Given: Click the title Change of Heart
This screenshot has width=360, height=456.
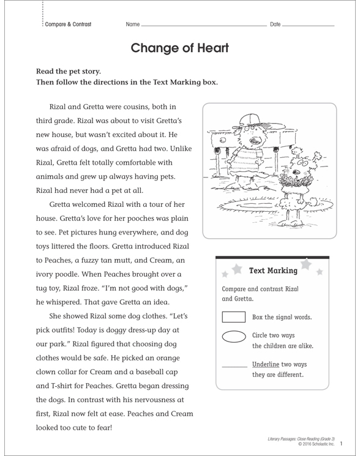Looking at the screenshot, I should point(179,48).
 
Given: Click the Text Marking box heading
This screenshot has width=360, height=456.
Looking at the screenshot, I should point(274,270).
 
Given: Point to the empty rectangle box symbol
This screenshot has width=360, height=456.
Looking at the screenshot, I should point(233,317).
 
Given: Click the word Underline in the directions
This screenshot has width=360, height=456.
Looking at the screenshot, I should point(266,364).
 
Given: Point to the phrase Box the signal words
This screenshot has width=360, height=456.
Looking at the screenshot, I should point(282,317).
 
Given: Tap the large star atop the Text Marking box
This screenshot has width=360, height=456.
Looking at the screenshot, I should point(304,264).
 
